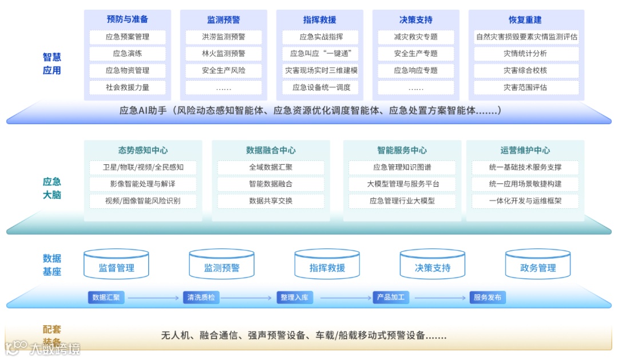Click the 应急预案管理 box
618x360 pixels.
[127, 37]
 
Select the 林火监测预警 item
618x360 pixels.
[223, 54]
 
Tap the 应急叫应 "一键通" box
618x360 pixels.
[320, 54]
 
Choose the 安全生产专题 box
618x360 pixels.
[415, 54]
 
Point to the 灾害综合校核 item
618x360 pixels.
[525, 70]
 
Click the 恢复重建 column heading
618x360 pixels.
[525, 20]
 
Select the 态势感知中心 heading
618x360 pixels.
[143, 151]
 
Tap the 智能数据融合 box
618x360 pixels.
[271, 184]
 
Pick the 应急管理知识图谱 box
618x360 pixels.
[402, 168]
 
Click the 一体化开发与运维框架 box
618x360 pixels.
[525, 201]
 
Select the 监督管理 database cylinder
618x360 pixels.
[116, 265]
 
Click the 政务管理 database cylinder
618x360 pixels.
[537, 265]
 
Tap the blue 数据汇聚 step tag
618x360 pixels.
[106, 298]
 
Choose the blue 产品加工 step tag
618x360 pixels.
[390, 298]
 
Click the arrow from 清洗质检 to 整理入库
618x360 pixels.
[245, 298]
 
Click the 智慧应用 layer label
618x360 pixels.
[51, 64]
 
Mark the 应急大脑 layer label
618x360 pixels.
[51, 188]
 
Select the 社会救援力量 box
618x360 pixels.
[127, 88]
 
